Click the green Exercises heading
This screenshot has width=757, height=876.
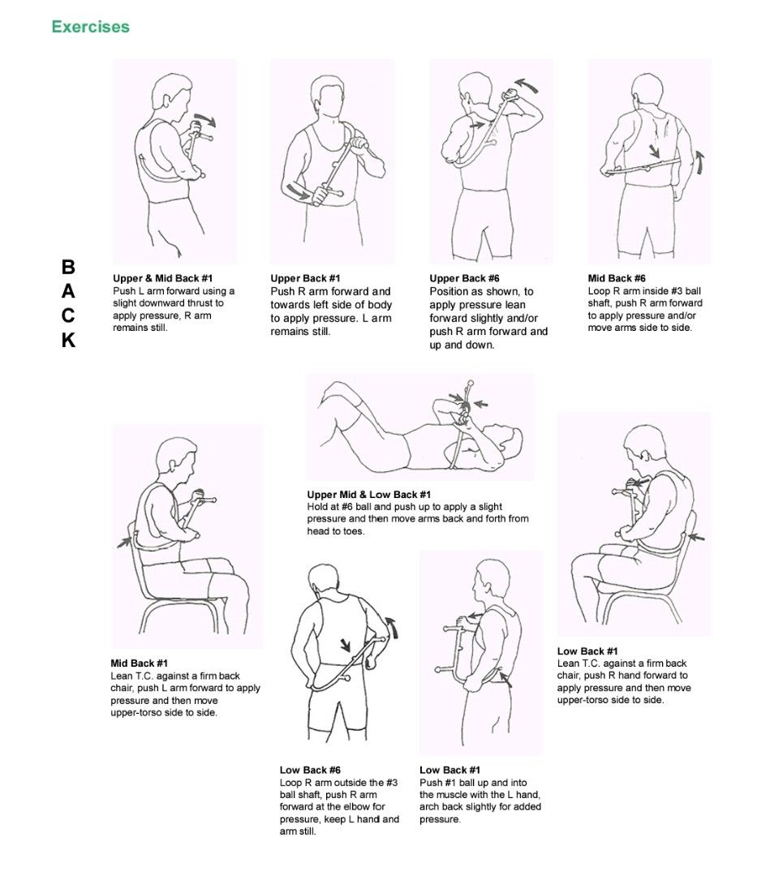pos(90,27)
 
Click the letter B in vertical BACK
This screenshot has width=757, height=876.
pos(68,267)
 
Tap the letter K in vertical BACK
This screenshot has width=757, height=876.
pos(68,341)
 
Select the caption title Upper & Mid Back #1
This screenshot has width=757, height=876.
pos(162,278)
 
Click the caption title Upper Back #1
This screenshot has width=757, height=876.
pos(305,278)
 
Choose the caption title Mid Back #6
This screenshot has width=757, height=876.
pos(617,278)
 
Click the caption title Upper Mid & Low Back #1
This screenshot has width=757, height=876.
pos(368,494)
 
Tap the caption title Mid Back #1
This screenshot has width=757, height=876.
pos(139,663)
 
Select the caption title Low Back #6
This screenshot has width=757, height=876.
pos(310,770)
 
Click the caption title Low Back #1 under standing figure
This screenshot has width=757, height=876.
pos(449,770)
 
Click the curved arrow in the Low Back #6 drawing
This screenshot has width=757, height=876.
pos(394,626)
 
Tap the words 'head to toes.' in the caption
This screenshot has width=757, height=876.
pos(335,531)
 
